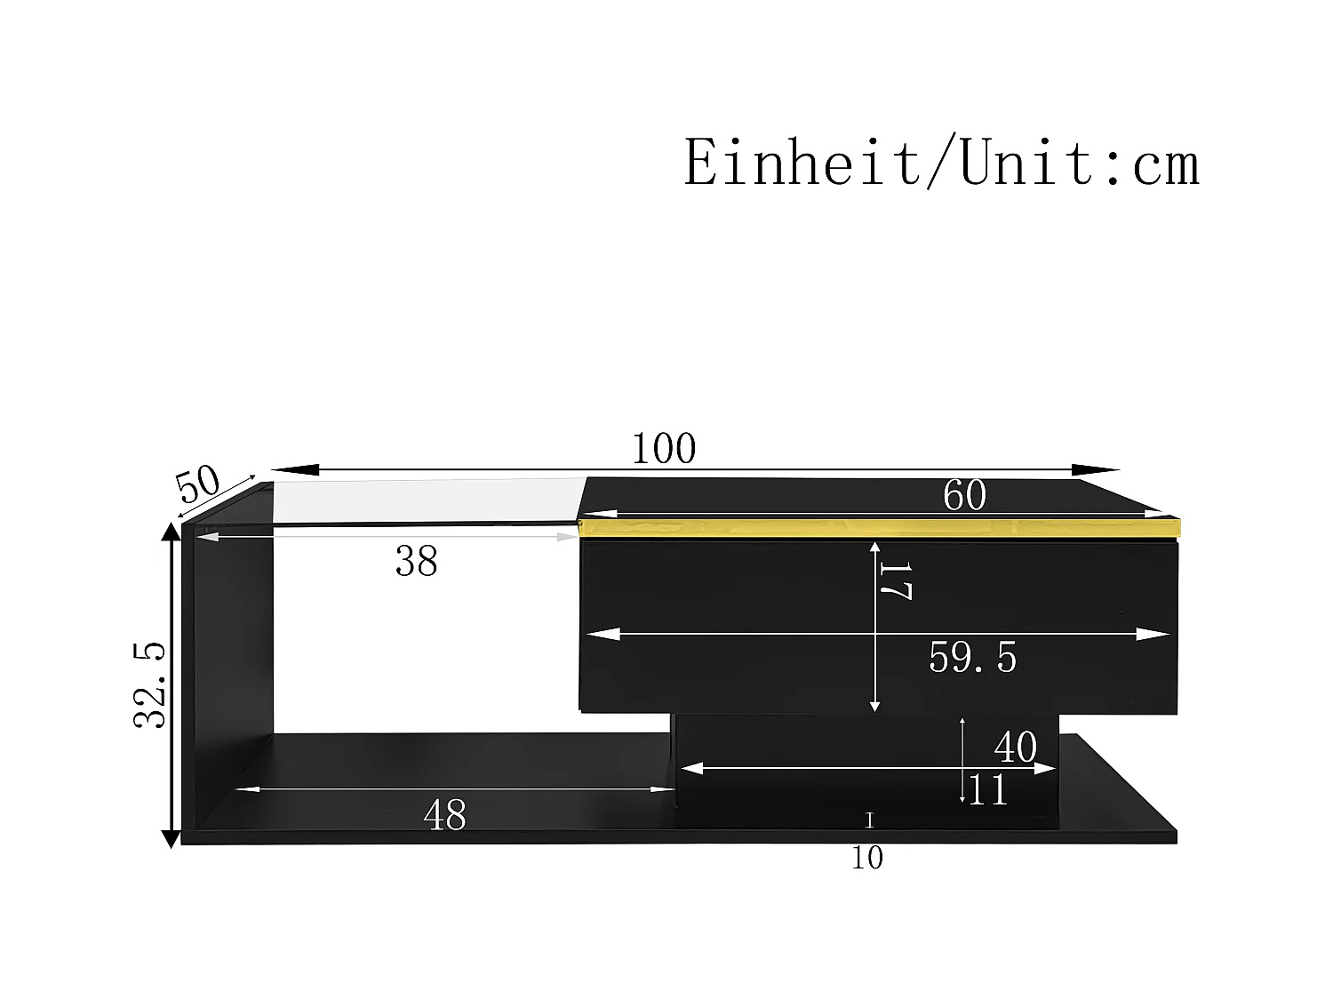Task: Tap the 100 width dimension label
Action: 664,449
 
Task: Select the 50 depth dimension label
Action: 197,484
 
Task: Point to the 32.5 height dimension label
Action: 149,684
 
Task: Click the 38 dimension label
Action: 416,561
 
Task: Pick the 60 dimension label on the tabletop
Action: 964,495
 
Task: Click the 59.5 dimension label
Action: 972,658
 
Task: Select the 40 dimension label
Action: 1016,747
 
